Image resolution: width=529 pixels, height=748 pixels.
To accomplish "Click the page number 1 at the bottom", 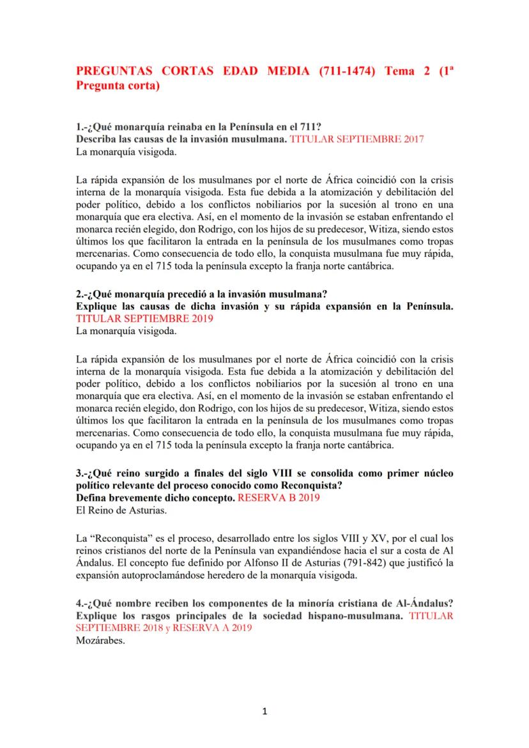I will [x=264, y=712].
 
